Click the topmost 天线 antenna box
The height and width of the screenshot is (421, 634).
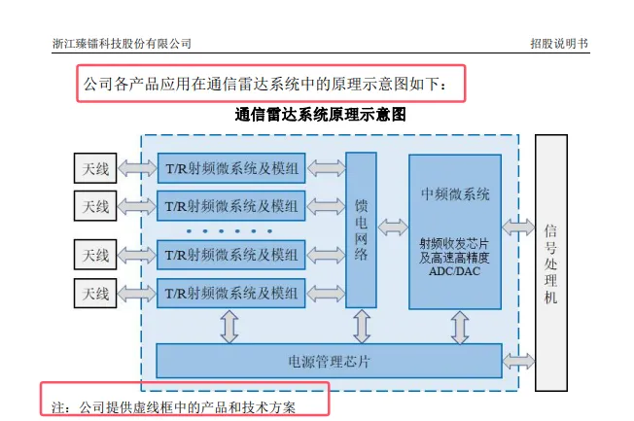coord(95,168)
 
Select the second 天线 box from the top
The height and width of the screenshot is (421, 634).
coord(95,205)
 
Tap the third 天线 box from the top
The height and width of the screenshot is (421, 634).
coord(95,256)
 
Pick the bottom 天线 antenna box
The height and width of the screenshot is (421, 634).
coord(95,293)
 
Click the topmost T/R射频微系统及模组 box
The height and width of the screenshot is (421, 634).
coord(231,168)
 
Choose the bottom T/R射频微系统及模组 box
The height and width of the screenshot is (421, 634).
coord(231,293)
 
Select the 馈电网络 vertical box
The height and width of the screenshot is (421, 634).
coord(361,229)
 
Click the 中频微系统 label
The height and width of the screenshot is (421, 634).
coord(455,193)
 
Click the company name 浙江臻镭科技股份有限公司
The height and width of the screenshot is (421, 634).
coord(122,44)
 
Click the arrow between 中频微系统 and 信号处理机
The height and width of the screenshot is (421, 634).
coord(518,228)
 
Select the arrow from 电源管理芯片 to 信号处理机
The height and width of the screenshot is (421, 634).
coord(518,362)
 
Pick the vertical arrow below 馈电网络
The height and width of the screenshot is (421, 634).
coord(361,326)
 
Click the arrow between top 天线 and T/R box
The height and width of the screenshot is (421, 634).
coord(137,168)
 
